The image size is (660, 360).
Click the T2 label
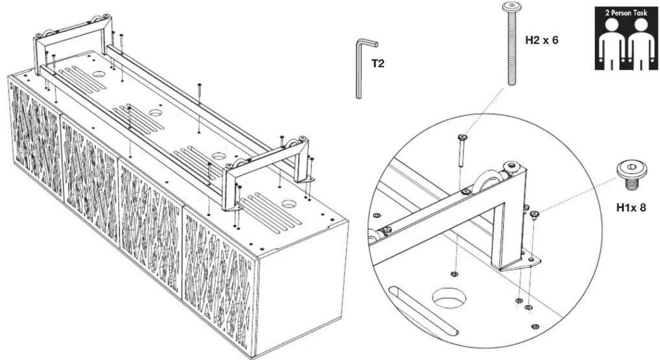click(378, 63)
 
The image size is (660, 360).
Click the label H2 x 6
click(542, 40)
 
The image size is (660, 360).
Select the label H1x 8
click(631, 208)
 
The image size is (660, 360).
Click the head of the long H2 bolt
click(512, 6)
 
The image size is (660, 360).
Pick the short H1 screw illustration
click(632, 175)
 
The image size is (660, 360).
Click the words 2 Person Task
click(626, 13)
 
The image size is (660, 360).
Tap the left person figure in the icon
click(612, 44)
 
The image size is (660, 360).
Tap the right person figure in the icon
click(641, 44)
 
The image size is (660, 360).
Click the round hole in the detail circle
click(449, 298)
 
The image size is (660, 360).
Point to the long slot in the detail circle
click(423, 311)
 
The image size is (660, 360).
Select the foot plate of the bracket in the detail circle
click(521, 263)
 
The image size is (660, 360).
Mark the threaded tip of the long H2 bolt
click(512, 79)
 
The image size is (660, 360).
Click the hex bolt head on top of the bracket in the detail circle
click(511, 167)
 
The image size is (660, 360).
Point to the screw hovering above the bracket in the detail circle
click(462, 150)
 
